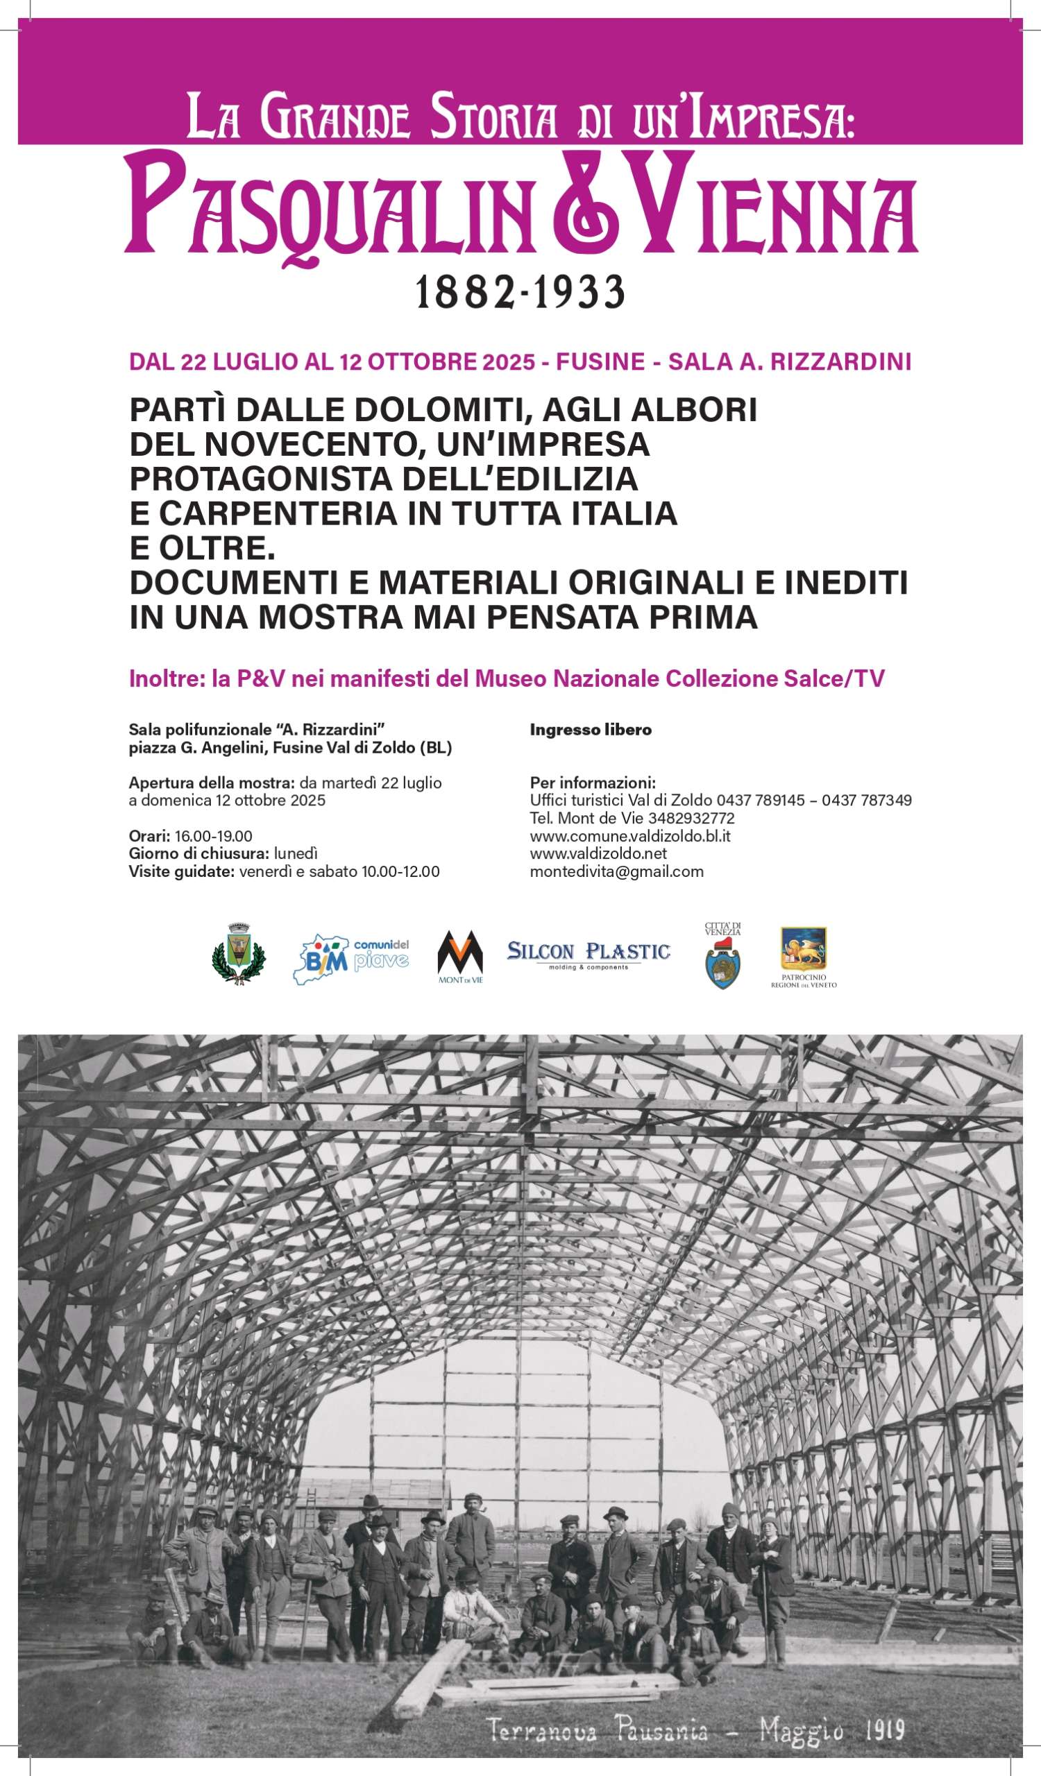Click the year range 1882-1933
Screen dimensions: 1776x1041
[x=520, y=293]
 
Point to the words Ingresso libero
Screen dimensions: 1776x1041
[x=591, y=730]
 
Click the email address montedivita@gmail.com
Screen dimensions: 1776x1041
[x=617, y=871]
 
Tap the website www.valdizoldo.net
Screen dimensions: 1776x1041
[x=598, y=853]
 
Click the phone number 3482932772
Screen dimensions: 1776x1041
[x=691, y=818]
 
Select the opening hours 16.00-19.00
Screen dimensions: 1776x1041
[x=214, y=836]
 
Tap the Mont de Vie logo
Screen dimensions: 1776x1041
[x=460, y=957]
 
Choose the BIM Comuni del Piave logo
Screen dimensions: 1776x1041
[x=351, y=959]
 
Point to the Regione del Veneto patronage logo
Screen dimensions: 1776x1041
[x=804, y=957]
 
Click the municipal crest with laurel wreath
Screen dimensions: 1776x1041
[x=239, y=953]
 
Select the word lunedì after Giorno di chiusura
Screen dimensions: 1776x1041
[x=296, y=853]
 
